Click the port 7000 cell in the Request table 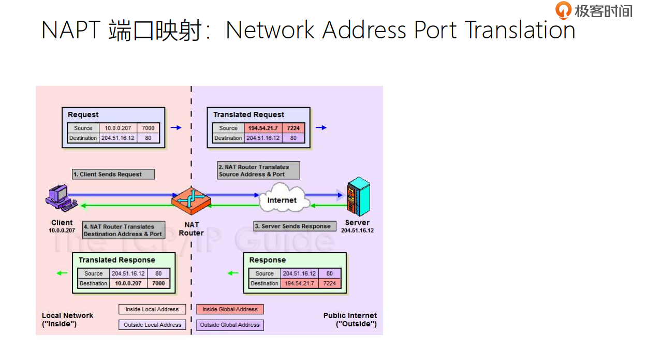point(148,128)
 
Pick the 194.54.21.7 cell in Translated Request point(263,128)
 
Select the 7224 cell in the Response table point(329,283)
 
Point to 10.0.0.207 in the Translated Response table point(128,283)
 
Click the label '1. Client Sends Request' point(113,174)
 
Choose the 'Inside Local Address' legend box point(152,309)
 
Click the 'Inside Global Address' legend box point(230,309)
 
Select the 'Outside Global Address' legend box point(230,325)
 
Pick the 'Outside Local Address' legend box point(152,325)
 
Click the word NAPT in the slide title point(70,30)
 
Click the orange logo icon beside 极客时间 point(563,10)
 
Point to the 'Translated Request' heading point(248,114)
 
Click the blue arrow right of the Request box point(176,127)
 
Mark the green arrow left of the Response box point(233,273)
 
